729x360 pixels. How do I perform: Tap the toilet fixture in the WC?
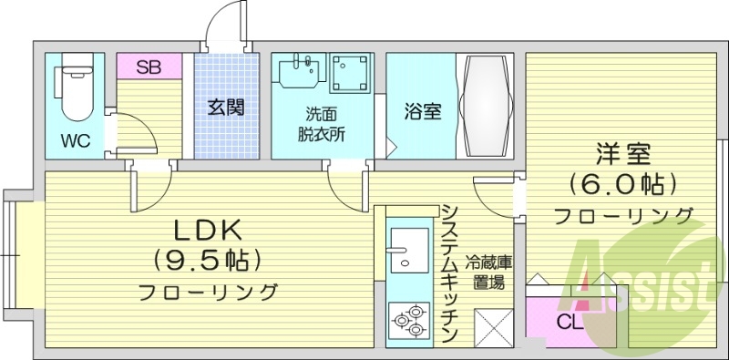tap(72, 91)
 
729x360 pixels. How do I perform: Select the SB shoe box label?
tap(149, 67)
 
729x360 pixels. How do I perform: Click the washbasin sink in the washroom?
tap(298, 72)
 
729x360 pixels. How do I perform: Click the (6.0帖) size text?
tap(624, 184)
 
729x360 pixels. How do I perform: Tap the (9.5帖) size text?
tap(207, 260)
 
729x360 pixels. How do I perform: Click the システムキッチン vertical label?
tap(448, 273)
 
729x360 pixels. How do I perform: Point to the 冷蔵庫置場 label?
tap(490, 272)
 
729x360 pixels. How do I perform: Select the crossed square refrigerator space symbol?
tap(496, 326)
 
